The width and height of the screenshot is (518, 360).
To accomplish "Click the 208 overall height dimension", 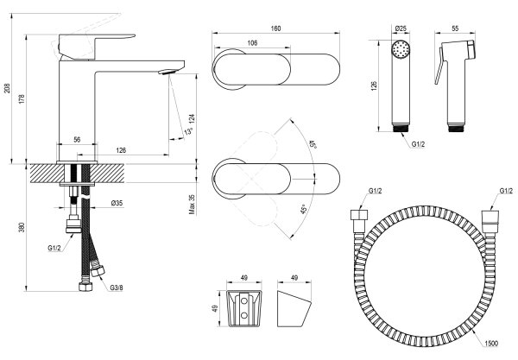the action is [7, 88].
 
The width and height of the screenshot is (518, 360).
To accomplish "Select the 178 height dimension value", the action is [22, 99].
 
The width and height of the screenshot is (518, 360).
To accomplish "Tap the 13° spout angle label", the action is [188, 131].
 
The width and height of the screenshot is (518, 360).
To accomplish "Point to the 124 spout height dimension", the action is [193, 119].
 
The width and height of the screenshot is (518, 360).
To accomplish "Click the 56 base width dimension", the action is [77, 140].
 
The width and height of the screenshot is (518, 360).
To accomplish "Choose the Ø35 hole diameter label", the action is [117, 203].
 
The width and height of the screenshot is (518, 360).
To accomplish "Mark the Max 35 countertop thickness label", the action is [193, 205].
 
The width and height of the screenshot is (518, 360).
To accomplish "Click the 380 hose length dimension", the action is [22, 227].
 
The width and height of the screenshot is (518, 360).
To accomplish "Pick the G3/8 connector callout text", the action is [117, 287].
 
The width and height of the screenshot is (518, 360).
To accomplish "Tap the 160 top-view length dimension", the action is [276, 28].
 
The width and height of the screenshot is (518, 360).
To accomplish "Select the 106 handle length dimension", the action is [252, 42].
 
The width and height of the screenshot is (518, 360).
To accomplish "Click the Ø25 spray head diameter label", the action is [401, 28].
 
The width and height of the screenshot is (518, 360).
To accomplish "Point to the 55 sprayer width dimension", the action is [455, 28].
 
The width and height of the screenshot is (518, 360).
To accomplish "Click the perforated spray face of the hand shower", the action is [401, 50].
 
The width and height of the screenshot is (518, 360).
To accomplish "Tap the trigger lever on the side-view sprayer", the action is [439, 67].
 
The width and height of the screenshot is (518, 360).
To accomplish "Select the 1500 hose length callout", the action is [491, 344].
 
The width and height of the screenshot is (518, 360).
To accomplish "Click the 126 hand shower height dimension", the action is [374, 85].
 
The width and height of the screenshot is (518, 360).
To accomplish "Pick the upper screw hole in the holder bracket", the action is [244, 301].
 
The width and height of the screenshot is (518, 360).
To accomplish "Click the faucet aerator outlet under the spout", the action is [167, 72].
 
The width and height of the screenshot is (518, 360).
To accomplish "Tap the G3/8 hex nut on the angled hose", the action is [98, 271].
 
